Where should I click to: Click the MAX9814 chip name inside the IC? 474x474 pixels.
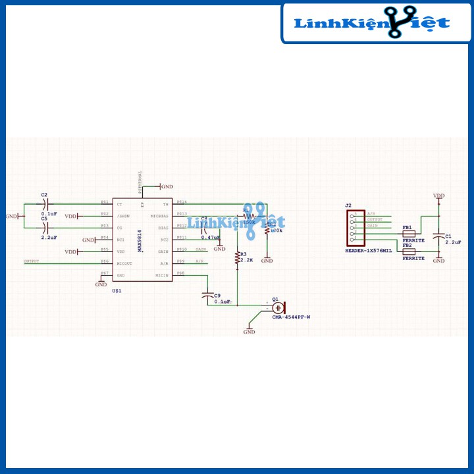coord(139,240)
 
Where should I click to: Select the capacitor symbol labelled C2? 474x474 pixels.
coord(44,204)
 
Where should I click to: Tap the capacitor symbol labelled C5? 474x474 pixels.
coord(44,228)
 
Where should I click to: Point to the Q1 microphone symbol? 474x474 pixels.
coord(279,307)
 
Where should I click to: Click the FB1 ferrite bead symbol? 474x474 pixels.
coord(408,234)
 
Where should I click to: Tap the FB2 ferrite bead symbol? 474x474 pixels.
coord(408,251)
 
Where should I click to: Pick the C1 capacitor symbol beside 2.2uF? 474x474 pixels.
coord(438,236)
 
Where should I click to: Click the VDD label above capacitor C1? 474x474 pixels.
coord(438,196)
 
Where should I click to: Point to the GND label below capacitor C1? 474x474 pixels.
coord(438,261)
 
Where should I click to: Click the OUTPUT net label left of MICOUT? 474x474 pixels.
coord(32,261)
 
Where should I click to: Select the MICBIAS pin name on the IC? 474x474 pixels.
coord(159,216)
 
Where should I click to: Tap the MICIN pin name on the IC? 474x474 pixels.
coord(162,275)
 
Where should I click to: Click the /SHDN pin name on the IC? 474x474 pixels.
coord(123,216)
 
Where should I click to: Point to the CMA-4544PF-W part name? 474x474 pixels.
coord(290,317)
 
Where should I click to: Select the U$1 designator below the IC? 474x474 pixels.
coord(117,290)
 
